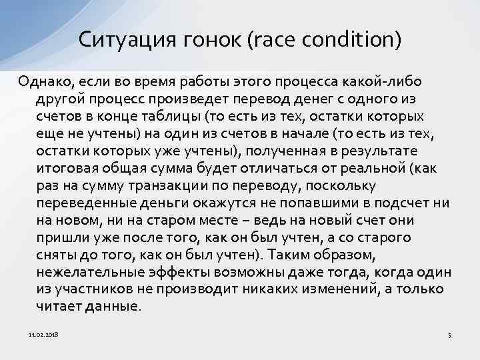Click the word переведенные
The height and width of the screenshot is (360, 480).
coord(79,203)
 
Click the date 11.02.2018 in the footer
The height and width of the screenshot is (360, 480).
coord(43,333)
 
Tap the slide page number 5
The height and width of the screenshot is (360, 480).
coord(450,334)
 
